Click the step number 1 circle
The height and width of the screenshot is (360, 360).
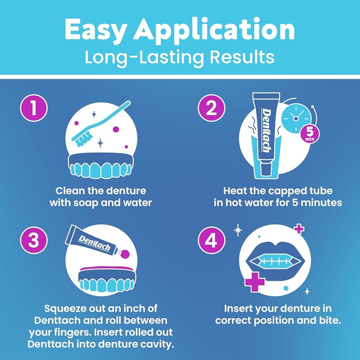(33, 108)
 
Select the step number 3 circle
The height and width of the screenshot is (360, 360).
(33, 240)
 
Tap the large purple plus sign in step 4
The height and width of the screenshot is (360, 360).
(255, 281)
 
